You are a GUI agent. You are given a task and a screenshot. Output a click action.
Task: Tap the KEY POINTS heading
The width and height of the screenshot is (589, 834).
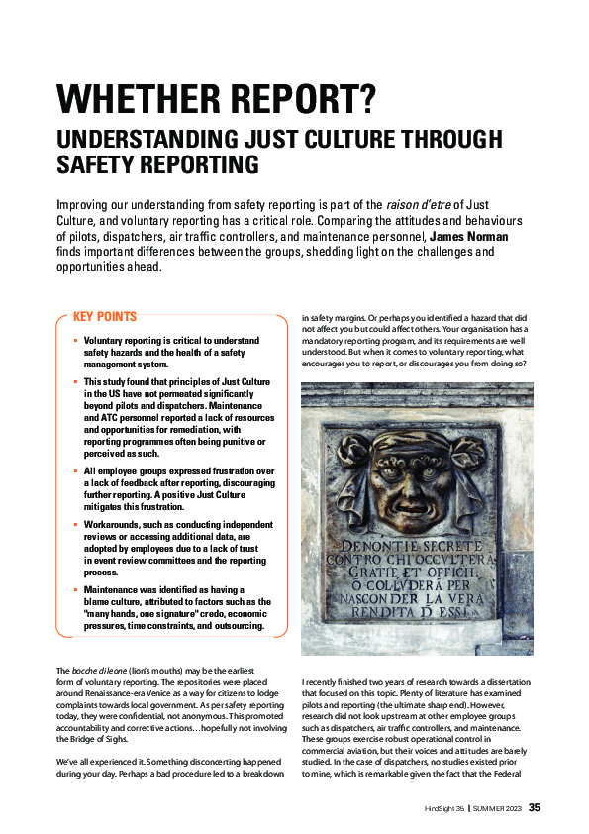105,317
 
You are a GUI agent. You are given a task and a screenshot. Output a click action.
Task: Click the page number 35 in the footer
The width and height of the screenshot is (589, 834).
535,807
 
